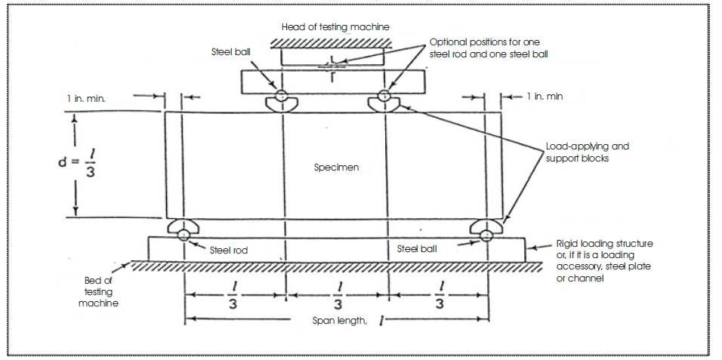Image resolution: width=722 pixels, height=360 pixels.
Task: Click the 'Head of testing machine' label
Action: click(335, 27)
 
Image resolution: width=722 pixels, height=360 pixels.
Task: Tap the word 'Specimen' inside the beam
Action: click(336, 168)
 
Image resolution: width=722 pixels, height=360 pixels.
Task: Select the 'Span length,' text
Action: click(340, 321)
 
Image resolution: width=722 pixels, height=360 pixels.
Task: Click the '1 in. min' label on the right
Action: click(545, 97)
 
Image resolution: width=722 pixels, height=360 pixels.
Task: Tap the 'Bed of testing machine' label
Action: click(98, 291)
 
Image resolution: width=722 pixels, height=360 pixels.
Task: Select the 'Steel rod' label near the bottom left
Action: click(229, 251)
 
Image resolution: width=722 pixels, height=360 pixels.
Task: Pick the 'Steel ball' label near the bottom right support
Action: click(417, 249)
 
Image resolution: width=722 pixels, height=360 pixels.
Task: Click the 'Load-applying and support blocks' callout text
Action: click(587, 152)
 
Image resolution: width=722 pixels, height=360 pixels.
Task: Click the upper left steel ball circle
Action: click(282, 96)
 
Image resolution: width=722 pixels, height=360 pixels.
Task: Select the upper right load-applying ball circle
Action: click(384, 96)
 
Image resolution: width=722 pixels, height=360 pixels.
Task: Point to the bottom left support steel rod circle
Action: click(184, 235)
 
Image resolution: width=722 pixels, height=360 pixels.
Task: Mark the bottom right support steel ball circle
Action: click(486, 235)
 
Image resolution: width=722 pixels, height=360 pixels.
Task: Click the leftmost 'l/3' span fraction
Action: click(233, 296)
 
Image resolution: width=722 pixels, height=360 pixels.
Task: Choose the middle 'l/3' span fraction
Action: click(338, 296)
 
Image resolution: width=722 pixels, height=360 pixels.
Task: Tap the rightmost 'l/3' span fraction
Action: click(440, 296)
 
